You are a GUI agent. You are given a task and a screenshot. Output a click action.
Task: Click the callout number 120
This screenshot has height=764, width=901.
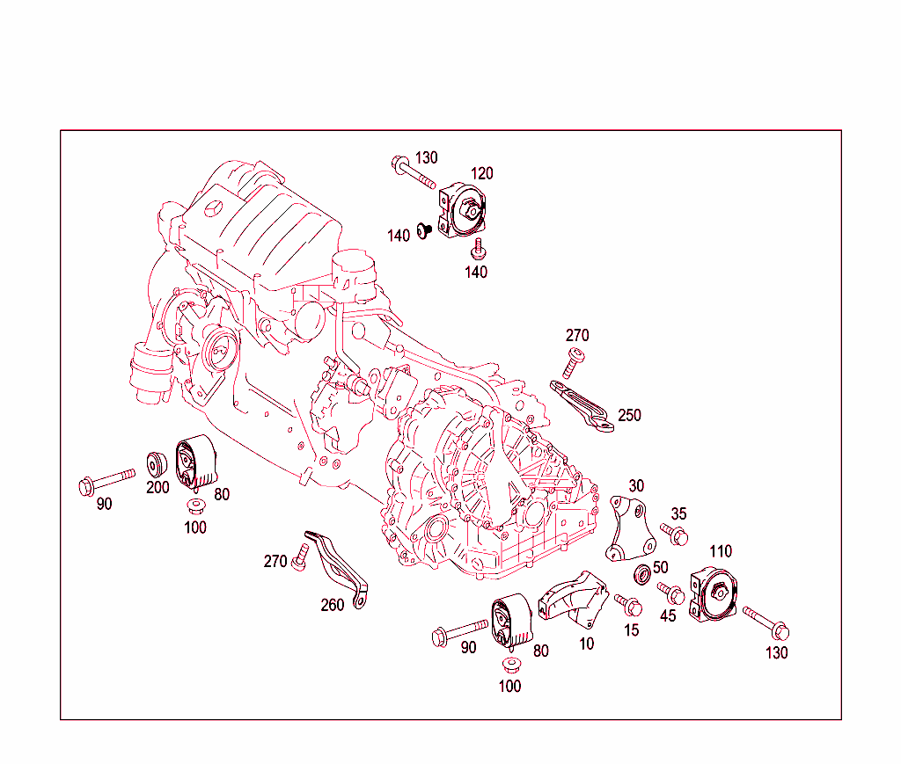pyautogui.click(x=481, y=173)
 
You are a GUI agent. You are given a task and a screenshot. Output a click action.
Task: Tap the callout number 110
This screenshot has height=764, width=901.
pyautogui.click(x=720, y=551)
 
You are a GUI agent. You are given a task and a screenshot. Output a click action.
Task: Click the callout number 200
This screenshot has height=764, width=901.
pyautogui.click(x=157, y=488)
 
